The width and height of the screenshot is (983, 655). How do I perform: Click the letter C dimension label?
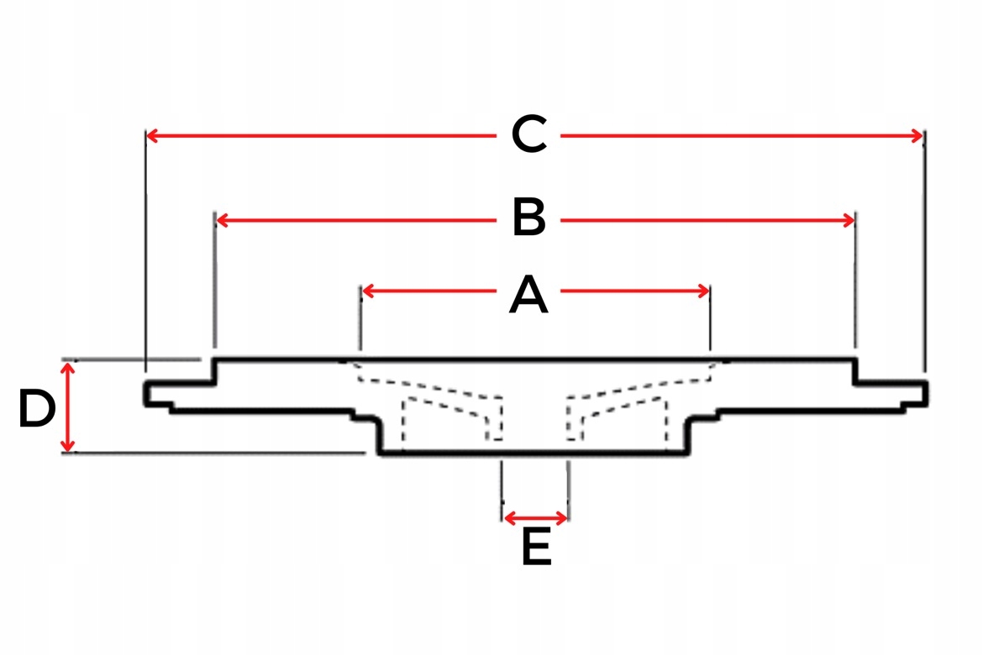[x=529, y=135]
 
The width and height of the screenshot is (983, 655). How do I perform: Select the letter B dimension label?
[x=529, y=220]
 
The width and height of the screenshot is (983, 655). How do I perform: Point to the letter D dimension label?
[x=37, y=409]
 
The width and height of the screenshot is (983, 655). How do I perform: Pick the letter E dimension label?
[x=536, y=548]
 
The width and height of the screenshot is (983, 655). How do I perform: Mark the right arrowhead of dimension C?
[x=917, y=135]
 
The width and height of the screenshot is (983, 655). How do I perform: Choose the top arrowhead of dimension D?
[x=70, y=369]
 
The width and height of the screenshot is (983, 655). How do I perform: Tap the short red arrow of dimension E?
[x=535, y=517]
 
